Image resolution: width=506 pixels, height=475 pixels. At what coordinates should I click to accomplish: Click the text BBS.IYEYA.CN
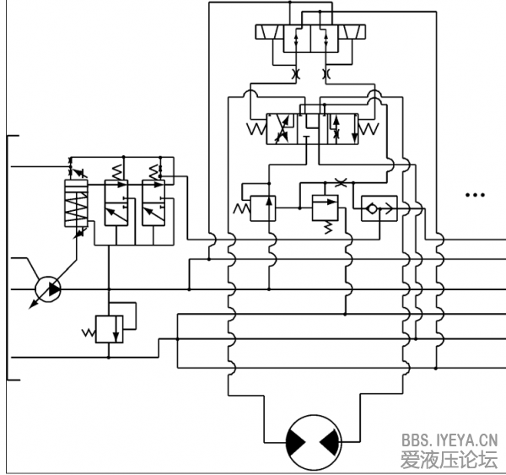449,440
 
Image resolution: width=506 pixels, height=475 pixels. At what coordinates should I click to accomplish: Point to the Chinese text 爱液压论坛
449,460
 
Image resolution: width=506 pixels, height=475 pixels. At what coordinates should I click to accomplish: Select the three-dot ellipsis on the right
475,196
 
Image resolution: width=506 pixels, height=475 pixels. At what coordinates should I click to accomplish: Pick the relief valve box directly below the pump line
109,327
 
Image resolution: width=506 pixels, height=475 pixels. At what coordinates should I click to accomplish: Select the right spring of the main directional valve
369,129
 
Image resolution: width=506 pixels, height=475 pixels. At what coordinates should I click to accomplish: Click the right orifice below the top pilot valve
326,75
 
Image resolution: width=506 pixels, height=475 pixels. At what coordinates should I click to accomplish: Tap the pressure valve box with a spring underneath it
324,206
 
